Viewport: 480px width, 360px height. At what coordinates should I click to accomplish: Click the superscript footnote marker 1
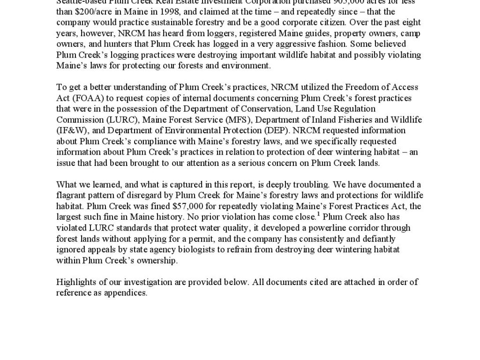[318, 214]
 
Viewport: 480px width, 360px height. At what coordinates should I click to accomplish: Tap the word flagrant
[71, 195]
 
